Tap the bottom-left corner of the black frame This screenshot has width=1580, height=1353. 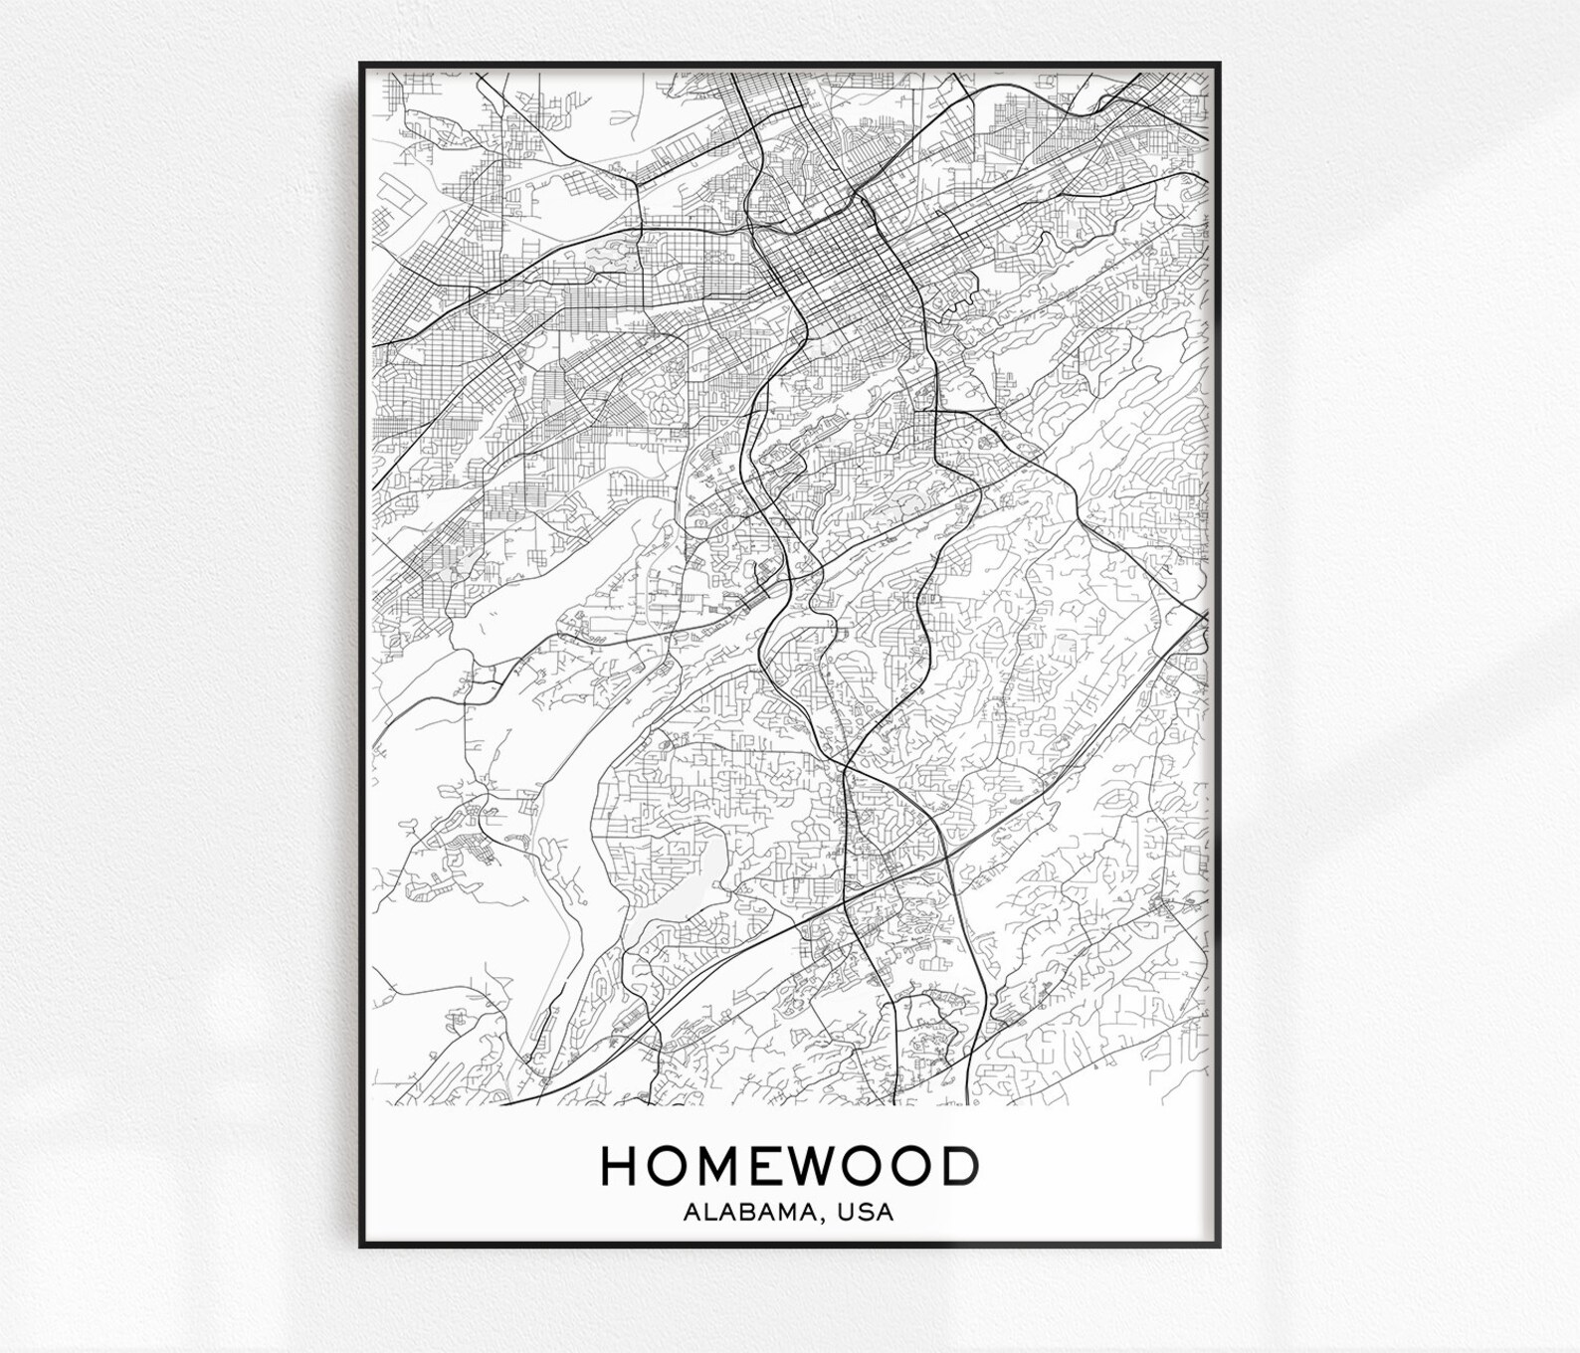pyautogui.click(x=361, y=1246)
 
